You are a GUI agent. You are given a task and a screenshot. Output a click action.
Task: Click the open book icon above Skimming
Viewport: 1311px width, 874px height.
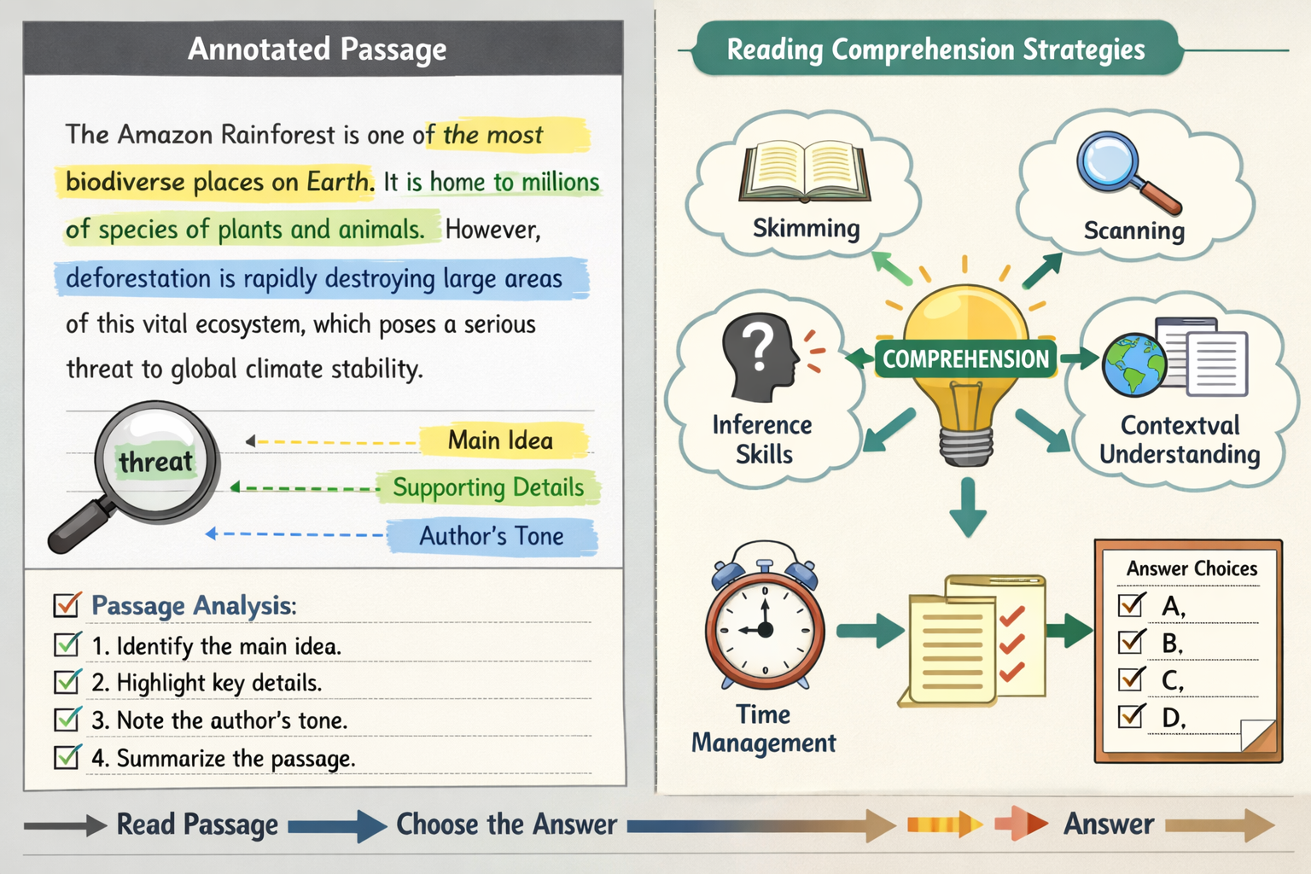point(804,172)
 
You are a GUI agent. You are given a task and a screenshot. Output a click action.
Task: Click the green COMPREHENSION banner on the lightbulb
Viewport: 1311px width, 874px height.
point(965,359)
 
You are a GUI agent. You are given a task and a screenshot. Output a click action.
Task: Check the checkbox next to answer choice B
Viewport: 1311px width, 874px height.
point(1132,642)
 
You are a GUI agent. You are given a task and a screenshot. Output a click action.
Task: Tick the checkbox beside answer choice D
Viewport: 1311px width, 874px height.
point(1132,715)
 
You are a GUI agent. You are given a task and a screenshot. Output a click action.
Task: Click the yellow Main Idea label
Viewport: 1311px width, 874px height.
point(501,440)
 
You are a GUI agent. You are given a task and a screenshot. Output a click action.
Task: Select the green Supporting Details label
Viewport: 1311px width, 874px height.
point(488,487)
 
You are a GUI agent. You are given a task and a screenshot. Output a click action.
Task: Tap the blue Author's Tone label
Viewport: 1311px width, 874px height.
point(492,536)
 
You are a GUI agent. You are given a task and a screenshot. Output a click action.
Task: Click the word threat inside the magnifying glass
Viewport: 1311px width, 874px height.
point(155,462)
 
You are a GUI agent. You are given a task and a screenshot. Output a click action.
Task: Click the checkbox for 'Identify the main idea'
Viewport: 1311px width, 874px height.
point(67,644)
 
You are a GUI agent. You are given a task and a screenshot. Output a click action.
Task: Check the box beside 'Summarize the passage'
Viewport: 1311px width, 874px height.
point(67,757)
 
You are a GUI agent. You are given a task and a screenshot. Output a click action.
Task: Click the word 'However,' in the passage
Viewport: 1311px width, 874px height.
point(492,230)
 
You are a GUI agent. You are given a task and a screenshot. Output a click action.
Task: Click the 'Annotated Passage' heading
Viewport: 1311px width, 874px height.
point(318,49)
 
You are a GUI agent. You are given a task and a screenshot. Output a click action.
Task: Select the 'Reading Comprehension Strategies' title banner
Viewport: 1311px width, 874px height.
point(935,50)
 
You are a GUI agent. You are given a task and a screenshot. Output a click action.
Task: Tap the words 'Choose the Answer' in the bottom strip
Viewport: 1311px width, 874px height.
point(506,824)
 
